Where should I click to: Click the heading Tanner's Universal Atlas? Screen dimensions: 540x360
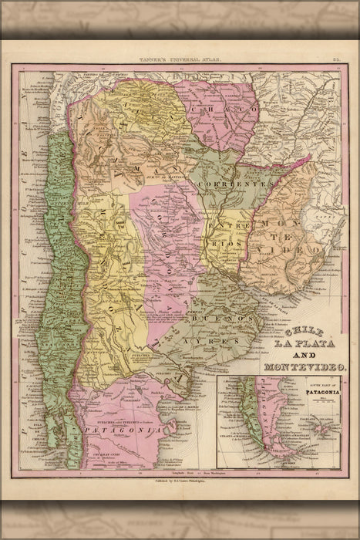tap(179, 57)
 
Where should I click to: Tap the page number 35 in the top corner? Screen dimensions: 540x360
tap(337, 57)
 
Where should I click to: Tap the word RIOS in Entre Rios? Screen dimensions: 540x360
tap(224, 241)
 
